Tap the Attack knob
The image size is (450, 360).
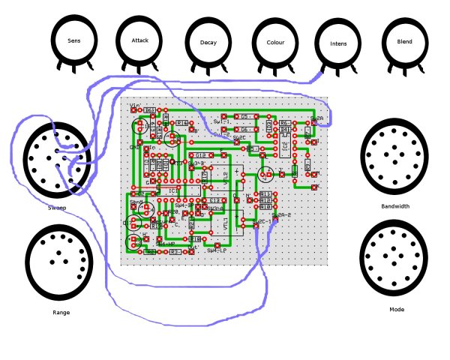(140, 40)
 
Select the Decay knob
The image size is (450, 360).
(208, 43)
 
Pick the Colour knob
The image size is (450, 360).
(275, 43)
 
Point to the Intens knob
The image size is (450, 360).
(338, 43)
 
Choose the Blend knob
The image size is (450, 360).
(404, 42)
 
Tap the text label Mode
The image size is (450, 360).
(397, 309)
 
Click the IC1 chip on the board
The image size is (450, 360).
(173, 190)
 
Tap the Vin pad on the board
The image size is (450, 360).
(135, 110)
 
